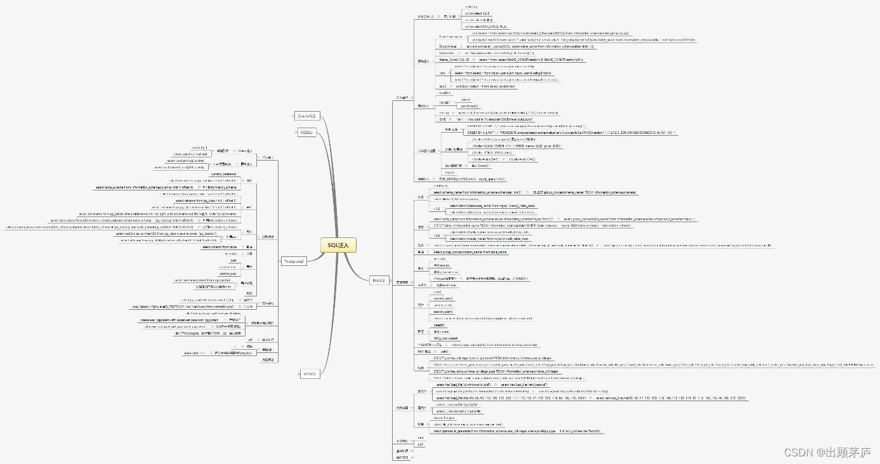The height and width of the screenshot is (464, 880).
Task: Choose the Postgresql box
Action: (294, 261)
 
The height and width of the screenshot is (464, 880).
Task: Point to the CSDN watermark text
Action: (827, 452)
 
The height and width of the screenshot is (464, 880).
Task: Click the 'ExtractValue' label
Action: (449, 46)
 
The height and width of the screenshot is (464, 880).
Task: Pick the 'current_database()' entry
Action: (223, 174)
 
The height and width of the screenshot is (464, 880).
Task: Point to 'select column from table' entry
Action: (219, 247)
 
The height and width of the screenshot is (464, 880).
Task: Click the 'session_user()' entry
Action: (443, 312)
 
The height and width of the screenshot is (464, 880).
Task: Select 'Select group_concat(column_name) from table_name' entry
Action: (470, 252)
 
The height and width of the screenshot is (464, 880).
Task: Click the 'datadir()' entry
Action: (439, 325)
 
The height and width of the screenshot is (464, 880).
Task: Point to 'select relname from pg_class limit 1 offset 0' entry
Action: (206, 201)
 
